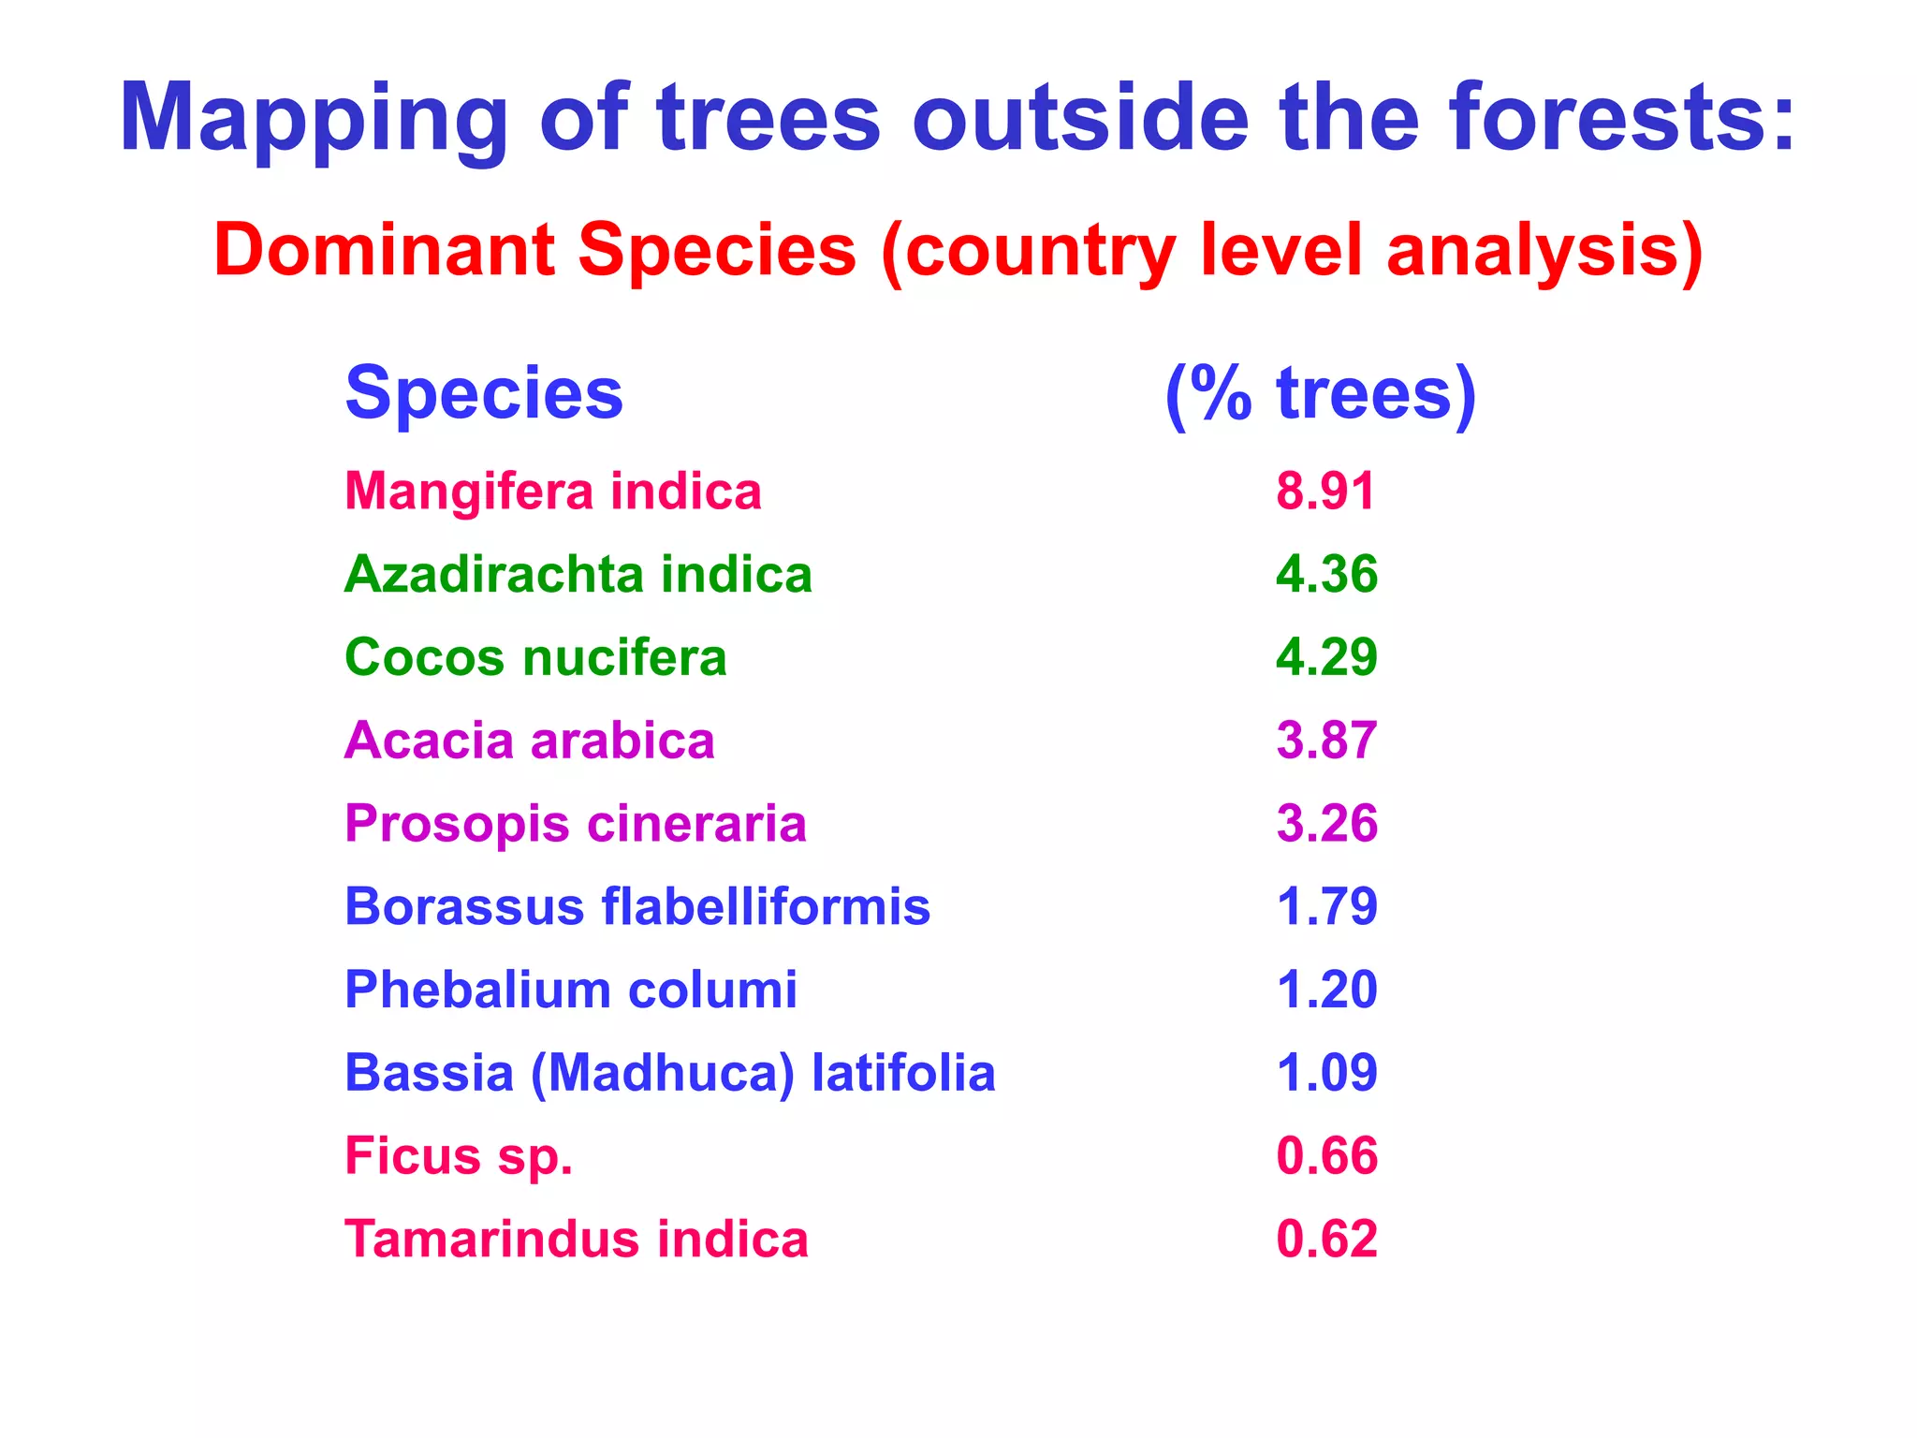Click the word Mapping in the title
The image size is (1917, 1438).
coord(314,120)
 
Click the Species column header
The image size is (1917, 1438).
coord(484,394)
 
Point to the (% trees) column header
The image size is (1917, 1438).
coord(1321,394)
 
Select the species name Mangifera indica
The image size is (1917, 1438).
coord(553,492)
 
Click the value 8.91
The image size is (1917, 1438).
coord(1325,492)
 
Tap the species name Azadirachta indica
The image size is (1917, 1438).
coord(578,575)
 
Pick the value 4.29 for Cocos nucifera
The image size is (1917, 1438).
coord(1326,657)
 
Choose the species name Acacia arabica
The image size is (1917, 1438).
coord(530,741)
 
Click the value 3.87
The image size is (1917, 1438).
coord(1326,741)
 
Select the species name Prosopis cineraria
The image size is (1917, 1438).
coord(576,824)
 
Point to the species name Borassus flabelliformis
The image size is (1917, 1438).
coord(637,906)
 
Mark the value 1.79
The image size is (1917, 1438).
coord(1326,906)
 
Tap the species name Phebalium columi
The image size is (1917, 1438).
coord(571,990)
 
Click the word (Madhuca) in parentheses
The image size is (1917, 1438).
coord(663,1073)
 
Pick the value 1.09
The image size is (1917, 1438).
coord(1326,1073)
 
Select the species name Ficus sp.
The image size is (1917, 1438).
coord(459,1156)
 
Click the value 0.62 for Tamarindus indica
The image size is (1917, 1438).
coord(1326,1239)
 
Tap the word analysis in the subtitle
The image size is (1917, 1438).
coord(1544,251)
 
